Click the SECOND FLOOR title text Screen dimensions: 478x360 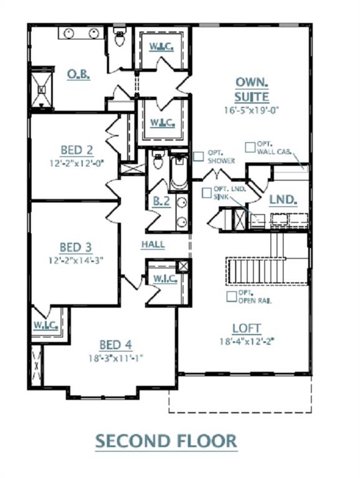pyautogui.click(x=166, y=441)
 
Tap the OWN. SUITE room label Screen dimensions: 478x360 pyautogui.click(x=252, y=90)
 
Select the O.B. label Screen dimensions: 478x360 pyautogui.click(x=79, y=74)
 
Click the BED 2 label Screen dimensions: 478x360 pyautogui.click(x=77, y=150)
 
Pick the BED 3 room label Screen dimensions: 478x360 pyautogui.click(x=75, y=248)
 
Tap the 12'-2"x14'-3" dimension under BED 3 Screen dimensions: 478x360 pyautogui.click(x=75, y=261)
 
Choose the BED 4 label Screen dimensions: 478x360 pyautogui.click(x=115, y=345)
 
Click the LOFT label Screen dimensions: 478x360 pyautogui.click(x=247, y=328)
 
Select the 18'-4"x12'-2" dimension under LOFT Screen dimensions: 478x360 pyautogui.click(x=247, y=341)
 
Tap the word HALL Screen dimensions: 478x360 pyautogui.click(x=153, y=245)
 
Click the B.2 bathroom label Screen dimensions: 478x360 pyautogui.click(x=162, y=200)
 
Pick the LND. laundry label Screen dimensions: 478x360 pyautogui.click(x=282, y=200)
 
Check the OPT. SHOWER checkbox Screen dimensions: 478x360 pyautogui.click(x=198, y=157)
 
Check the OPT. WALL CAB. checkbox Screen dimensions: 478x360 pyautogui.click(x=250, y=147)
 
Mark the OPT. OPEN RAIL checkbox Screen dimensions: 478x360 pyautogui.click(x=231, y=296)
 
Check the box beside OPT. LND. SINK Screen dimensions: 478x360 pyautogui.click(x=207, y=193)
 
